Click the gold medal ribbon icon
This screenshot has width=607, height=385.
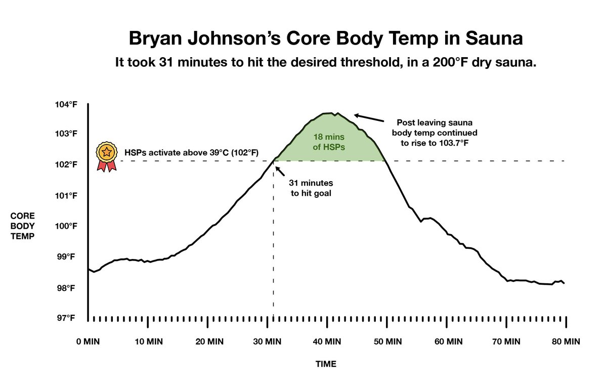pyautogui.click(x=106, y=157)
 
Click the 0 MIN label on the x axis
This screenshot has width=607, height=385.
pyautogui.click(x=88, y=341)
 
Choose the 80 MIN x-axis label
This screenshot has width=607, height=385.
pyautogui.click(x=565, y=341)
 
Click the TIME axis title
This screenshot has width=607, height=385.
pyautogui.click(x=326, y=364)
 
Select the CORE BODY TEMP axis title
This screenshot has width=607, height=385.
pyautogui.click(x=23, y=226)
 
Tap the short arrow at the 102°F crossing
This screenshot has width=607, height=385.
pyautogui.click(x=280, y=166)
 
